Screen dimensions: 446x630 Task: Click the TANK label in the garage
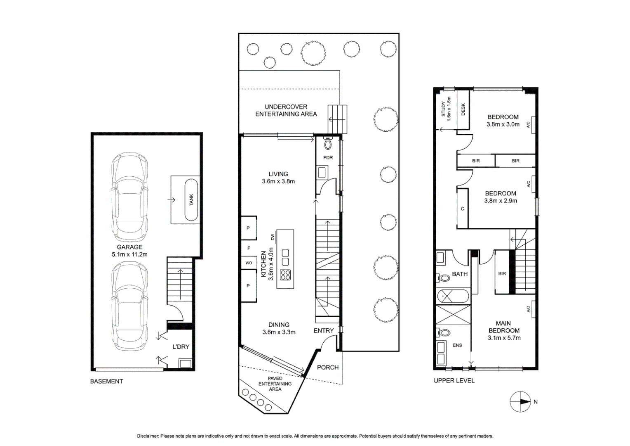(x=191, y=200)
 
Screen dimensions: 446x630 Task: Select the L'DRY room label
(x=181, y=346)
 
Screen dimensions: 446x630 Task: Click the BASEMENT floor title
(x=106, y=381)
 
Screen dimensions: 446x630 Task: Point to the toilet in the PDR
(x=328, y=144)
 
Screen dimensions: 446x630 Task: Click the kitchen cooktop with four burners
(x=285, y=275)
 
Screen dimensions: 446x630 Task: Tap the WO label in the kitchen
(x=249, y=263)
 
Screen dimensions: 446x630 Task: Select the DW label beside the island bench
(x=273, y=237)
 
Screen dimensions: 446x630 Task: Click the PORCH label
(x=328, y=367)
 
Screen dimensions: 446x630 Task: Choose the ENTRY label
(x=324, y=330)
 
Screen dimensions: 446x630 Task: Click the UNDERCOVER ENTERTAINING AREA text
(x=286, y=110)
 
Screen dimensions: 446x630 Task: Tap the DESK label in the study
(x=463, y=109)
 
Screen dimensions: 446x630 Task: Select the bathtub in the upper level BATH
(x=453, y=296)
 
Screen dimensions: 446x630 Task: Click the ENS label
(x=457, y=345)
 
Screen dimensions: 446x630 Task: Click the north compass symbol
(x=520, y=401)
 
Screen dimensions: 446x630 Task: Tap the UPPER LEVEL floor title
(x=454, y=380)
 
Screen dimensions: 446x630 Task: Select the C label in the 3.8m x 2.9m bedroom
(x=463, y=209)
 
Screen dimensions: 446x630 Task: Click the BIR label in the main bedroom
(x=502, y=273)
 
